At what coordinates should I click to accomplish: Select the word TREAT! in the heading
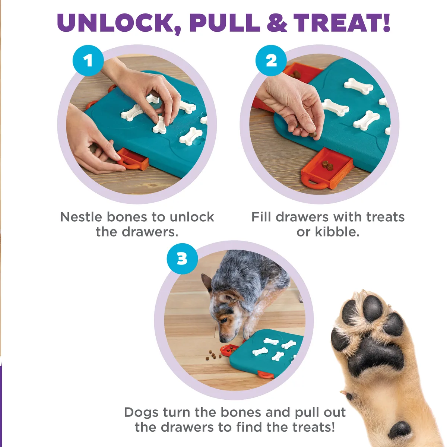(342, 23)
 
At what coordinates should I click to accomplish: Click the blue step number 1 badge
(88, 61)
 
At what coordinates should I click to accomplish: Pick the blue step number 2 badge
(271, 61)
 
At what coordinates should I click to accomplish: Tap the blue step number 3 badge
(182, 259)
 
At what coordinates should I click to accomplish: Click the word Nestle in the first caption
(81, 217)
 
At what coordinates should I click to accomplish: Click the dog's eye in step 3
(223, 320)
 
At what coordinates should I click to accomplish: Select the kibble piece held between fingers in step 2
(313, 134)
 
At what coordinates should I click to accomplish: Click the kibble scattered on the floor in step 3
(213, 355)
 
